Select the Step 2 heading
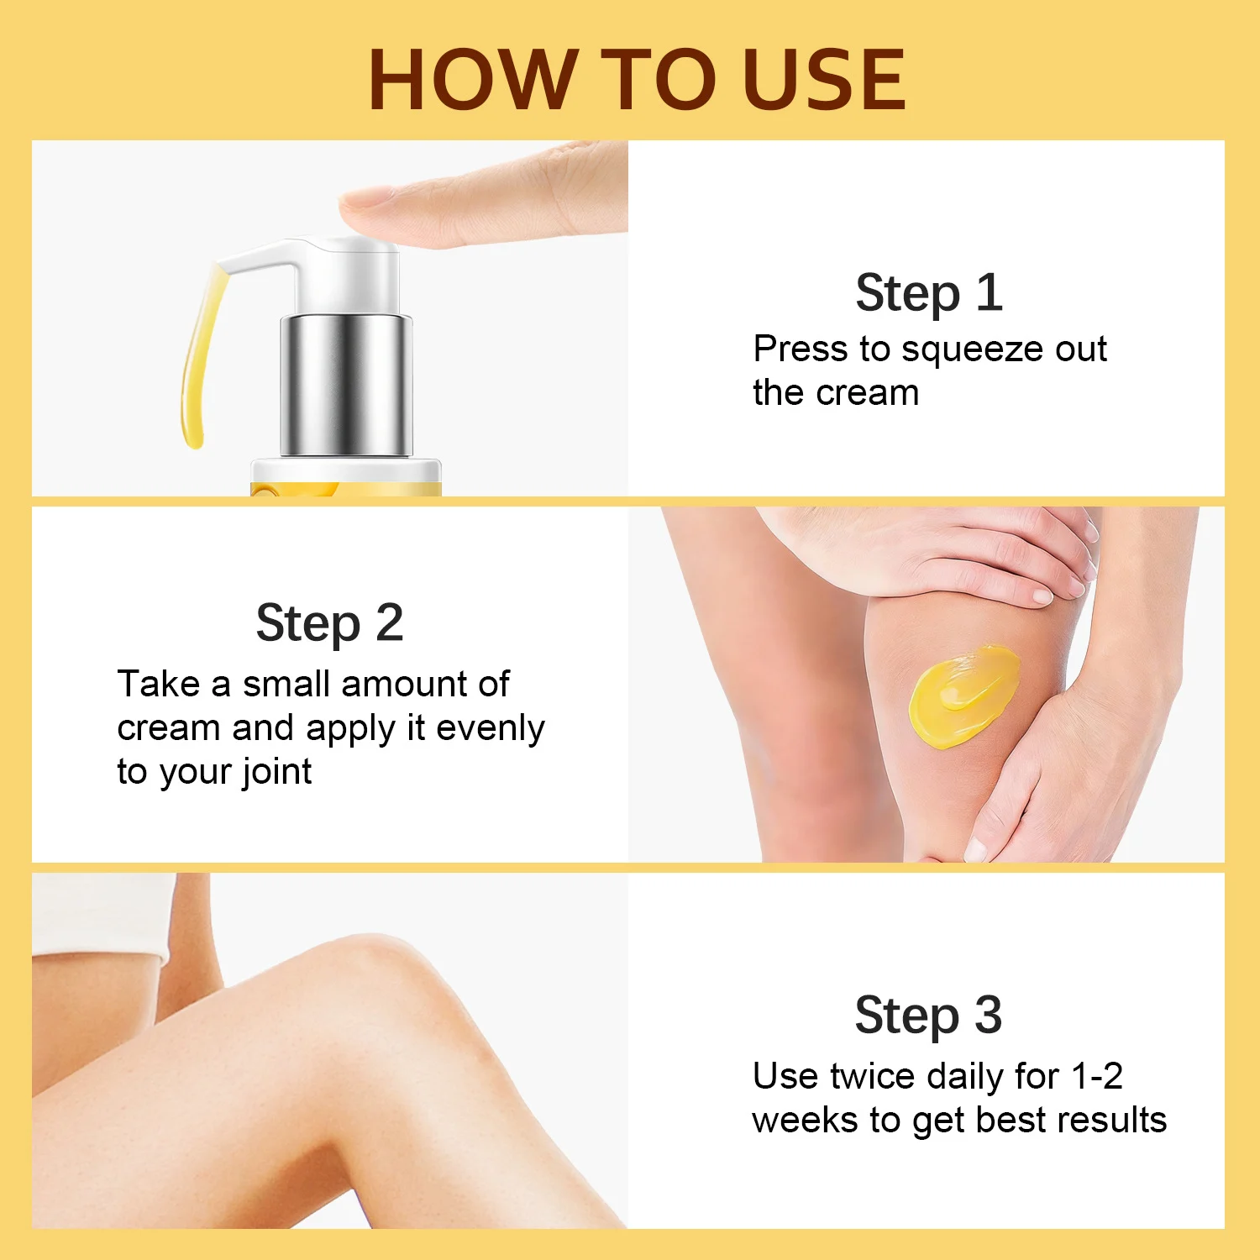coord(329,623)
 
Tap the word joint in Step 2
coord(276,772)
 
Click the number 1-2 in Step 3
coord(1097,1076)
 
